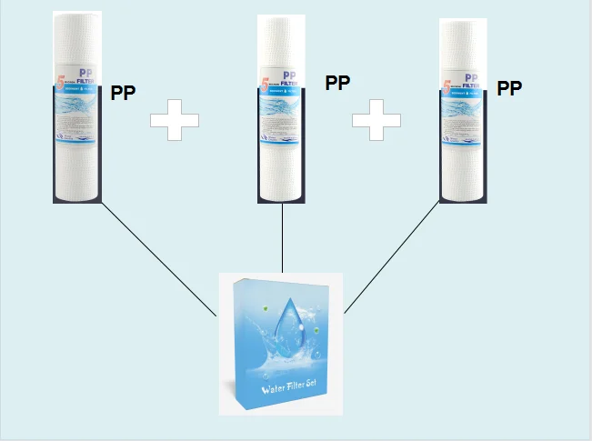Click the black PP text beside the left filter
click(124, 93)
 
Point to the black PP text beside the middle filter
click(337, 83)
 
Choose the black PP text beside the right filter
click(509, 88)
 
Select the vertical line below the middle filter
click(284, 238)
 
